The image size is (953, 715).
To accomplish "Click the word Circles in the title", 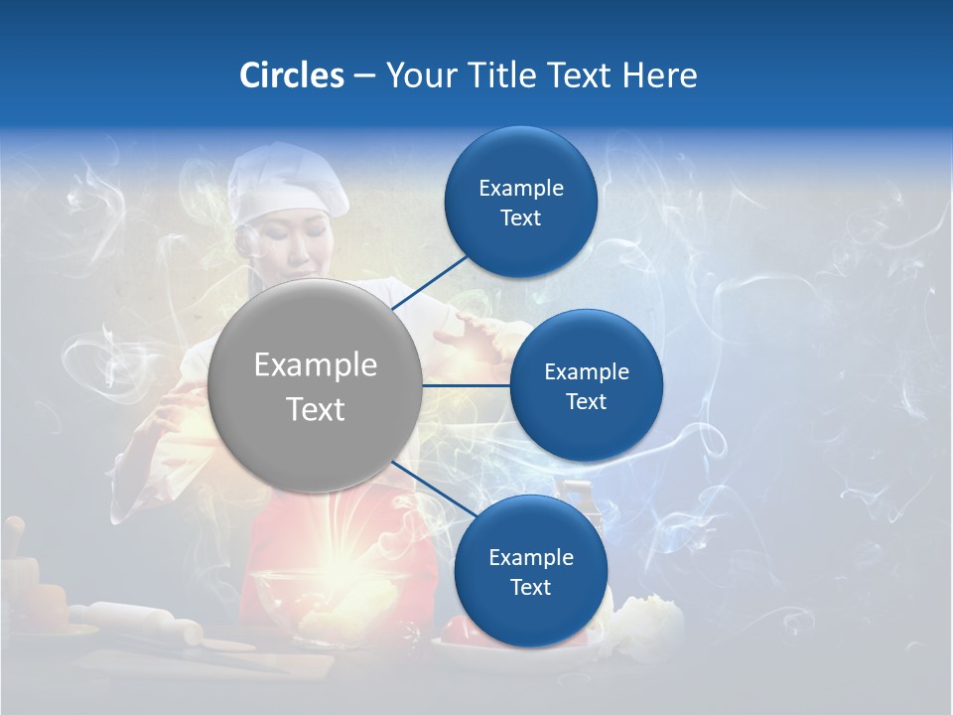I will (x=291, y=75).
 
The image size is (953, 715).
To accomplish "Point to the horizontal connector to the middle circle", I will (x=467, y=385).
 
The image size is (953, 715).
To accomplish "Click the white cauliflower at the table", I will (x=650, y=626).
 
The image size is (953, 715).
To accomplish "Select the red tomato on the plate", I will (x=459, y=629).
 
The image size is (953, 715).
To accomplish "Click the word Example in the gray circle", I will (x=315, y=364).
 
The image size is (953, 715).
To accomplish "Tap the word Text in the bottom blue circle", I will (x=530, y=587).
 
